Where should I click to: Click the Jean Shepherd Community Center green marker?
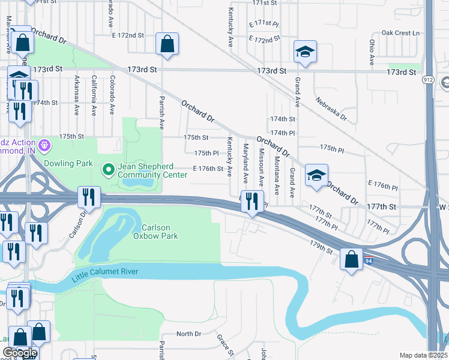(x=109, y=170)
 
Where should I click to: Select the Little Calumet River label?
(x=105, y=275)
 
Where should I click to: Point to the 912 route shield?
(x=427, y=79)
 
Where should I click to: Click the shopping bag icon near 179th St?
(x=352, y=259)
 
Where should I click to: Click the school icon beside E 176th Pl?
(x=316, y=175)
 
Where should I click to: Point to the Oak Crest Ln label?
(x=399, y=32)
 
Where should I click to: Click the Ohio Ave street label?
(x=372, y=52)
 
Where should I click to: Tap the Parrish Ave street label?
(x=161, y=112)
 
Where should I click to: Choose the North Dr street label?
(x=188, y=334)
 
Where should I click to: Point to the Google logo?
(x=20, y=353)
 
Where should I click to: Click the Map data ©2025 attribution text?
(x=423, y=355)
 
